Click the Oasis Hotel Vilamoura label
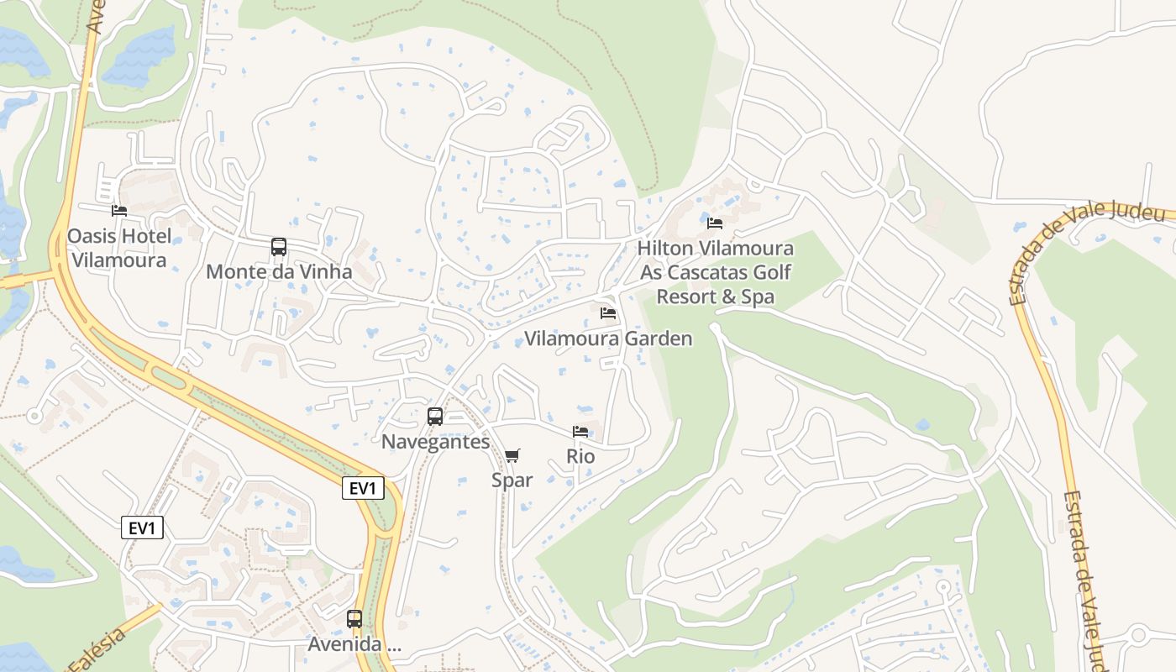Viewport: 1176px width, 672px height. [118, 248]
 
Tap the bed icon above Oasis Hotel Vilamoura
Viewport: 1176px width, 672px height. [119, 211]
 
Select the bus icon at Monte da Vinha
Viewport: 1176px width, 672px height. [279, 247]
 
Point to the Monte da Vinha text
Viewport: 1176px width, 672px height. [279, 272]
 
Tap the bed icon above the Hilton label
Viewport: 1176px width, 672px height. [715, 223]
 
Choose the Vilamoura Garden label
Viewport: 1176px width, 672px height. [608, 339]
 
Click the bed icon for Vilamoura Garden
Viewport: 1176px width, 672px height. [608, 313]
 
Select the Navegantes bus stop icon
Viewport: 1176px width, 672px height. [435, 416]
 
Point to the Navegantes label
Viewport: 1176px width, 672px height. [435, 442]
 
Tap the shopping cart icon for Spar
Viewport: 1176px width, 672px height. [512, 455]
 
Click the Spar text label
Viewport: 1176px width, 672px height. [512, 480]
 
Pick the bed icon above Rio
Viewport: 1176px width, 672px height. [580, 432]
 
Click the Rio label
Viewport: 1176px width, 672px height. [580, 456]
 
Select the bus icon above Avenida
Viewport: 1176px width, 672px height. [354, 619]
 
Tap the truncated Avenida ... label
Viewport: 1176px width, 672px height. [354, 644]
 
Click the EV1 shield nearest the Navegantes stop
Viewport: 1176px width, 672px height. [363, 488]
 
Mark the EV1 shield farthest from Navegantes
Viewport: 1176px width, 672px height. [142, 528]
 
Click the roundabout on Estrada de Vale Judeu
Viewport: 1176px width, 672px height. [1138, 634]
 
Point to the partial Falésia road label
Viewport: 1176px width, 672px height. [99, 649]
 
